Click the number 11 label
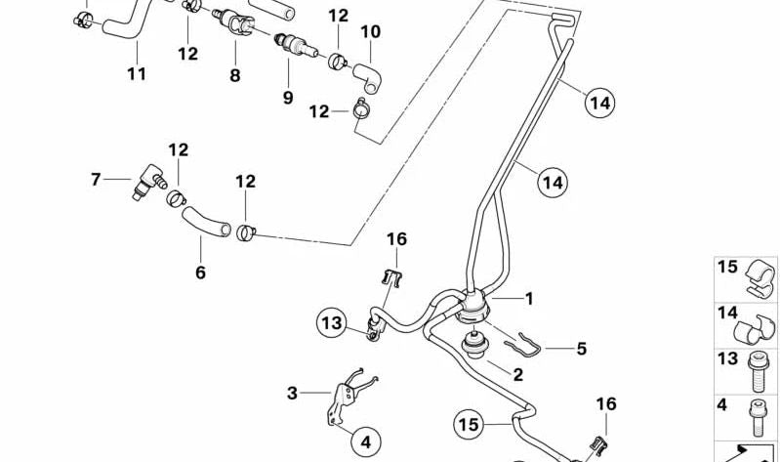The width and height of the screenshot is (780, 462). click(x=137, y=73)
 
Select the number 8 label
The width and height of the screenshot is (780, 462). click(x=234, y=74)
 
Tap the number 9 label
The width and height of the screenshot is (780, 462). click(x=288, y=97)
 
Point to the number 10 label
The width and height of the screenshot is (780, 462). click(x=370, y=32)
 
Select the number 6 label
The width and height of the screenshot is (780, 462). click(x=200, y=273)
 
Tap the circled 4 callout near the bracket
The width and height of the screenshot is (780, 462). click(x=361, y=439)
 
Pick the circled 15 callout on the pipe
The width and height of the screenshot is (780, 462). click(x=469, y=424)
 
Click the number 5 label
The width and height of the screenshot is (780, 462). click(x=581, y=347)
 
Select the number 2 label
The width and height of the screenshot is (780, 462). click(x=518, y=374)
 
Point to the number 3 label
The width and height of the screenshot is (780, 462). click(x=292, y=394)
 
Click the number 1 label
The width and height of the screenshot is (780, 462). click(x=529, y=298)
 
